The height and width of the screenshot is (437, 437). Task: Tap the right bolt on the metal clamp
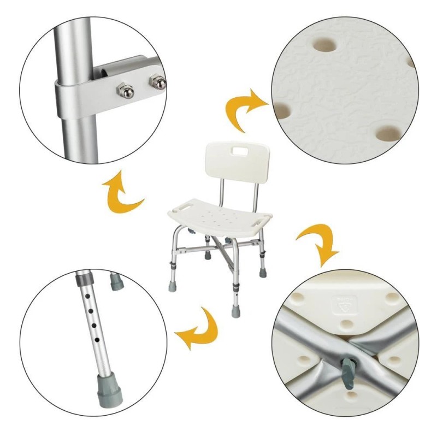(x=158, y=83)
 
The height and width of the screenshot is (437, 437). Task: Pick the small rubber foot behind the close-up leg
(x=117, y=281)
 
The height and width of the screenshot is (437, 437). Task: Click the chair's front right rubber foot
(x=236, y=312)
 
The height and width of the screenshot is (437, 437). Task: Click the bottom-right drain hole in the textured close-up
(x=389, y=132)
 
